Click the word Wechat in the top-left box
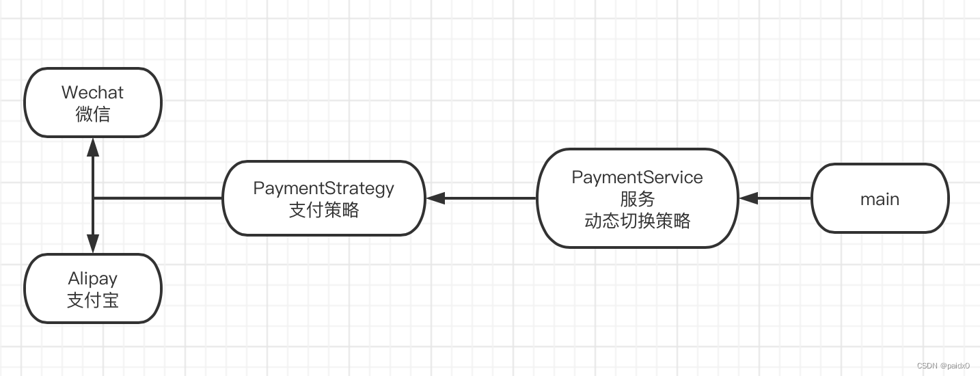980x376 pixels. click(x=93, y=92)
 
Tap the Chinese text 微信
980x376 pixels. click(x=93, y=114)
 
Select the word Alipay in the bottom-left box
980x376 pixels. click(x=93, y=279)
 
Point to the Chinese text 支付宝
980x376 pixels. click(x=93, y=300)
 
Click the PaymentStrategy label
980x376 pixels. click(x=323, y=188)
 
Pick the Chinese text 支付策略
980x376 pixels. click(x=323, y=210)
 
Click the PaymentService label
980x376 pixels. click(x=637, y=177)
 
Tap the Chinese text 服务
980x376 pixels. click(x=637, y=199)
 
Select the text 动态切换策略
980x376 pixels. click(x=637, y=221)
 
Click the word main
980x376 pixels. click(x=880, y=199)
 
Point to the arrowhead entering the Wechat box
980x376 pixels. click(x=93, y=146)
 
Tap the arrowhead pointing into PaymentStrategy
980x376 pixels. click(x=435, y=198)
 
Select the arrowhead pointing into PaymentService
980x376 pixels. click(x=748, y=198)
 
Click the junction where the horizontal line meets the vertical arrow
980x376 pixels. click(x=93, y=198)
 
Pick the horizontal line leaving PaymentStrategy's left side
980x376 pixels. click(x=157, y=198)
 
